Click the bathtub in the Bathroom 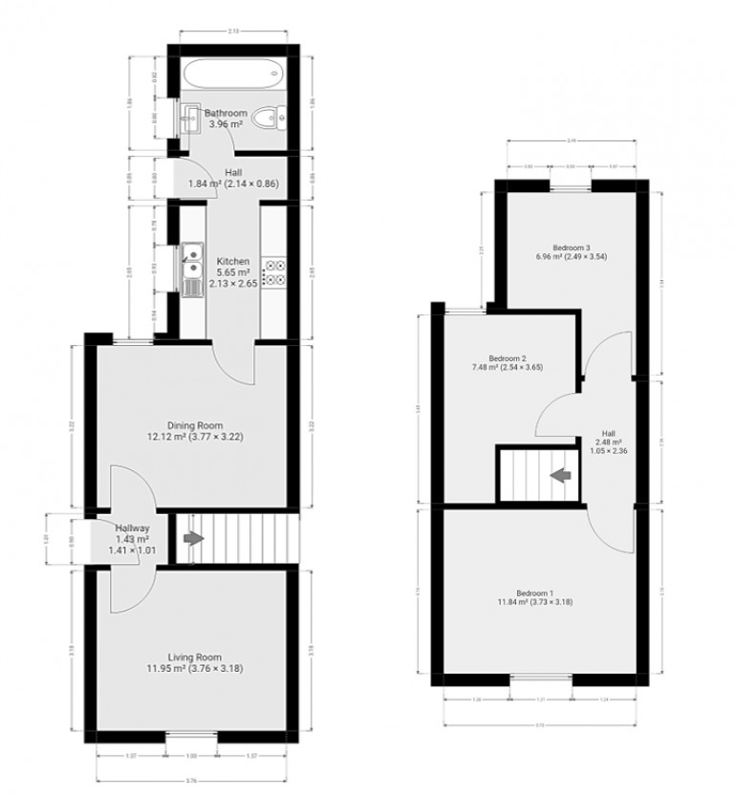229,71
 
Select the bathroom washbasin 192,119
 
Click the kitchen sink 192,255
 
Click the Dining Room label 195,425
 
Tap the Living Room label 195,657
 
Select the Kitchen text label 233,261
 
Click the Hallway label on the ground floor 132,528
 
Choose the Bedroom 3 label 572,246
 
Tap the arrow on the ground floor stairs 193,539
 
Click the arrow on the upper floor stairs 558,473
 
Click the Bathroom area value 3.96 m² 226,123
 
